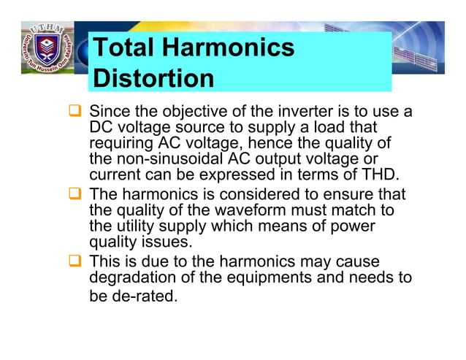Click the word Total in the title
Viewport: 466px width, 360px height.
coord(125,48)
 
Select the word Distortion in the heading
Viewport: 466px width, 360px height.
coord(154,79)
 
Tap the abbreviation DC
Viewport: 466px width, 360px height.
coord(101,129)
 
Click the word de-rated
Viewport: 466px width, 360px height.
coord(145,296)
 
